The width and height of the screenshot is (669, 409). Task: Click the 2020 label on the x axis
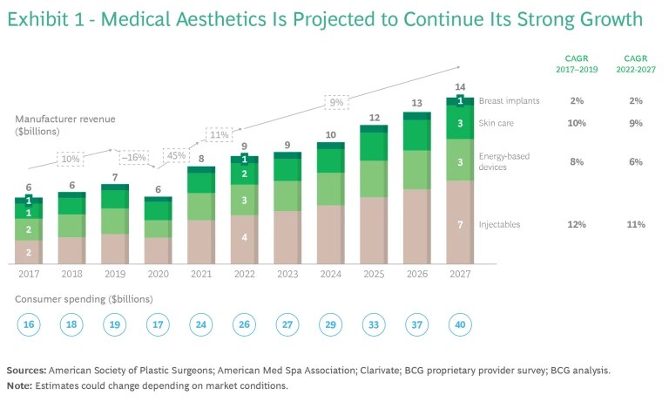click(x=158, y=272)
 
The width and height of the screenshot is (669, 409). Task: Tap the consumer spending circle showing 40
click(x=459, y=324)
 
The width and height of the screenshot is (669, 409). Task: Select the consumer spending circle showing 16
click(x=29, y=324)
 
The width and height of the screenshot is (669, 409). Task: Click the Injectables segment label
click(x=500, y=225)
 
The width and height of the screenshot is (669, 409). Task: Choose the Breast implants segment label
click(x=510, y=101)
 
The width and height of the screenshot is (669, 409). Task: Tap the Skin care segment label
click(x=496, y=124)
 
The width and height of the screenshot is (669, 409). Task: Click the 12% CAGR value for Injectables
click(x=576, y=225)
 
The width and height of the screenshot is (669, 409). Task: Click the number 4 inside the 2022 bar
click(x=245, y=237)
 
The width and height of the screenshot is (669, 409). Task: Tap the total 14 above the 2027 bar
click(x=459, y=87)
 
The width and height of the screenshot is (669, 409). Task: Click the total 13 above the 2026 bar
click(x=416, y=103)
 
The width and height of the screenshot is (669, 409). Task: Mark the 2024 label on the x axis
click(x=330, y=272)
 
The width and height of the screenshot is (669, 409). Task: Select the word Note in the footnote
click(x=20, y=385)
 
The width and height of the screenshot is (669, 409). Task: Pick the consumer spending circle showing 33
click(x=373, y=324)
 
